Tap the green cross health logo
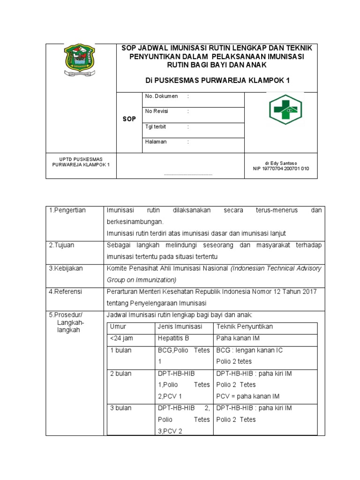(285, 110)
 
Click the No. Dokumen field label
(161, 96)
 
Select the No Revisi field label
(157, 112)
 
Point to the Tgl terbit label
(156, 127)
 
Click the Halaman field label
(156, 142)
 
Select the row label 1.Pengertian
(67, 210)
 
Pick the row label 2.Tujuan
(62, 245)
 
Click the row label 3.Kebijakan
(66, 268)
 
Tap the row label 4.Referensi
(66, 292)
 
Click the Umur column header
(118, 327)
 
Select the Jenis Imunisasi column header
(180, 327)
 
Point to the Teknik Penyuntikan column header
(244, 327)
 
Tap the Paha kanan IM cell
(238, 338)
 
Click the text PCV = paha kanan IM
(247, 396)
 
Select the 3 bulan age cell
(120, 408)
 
